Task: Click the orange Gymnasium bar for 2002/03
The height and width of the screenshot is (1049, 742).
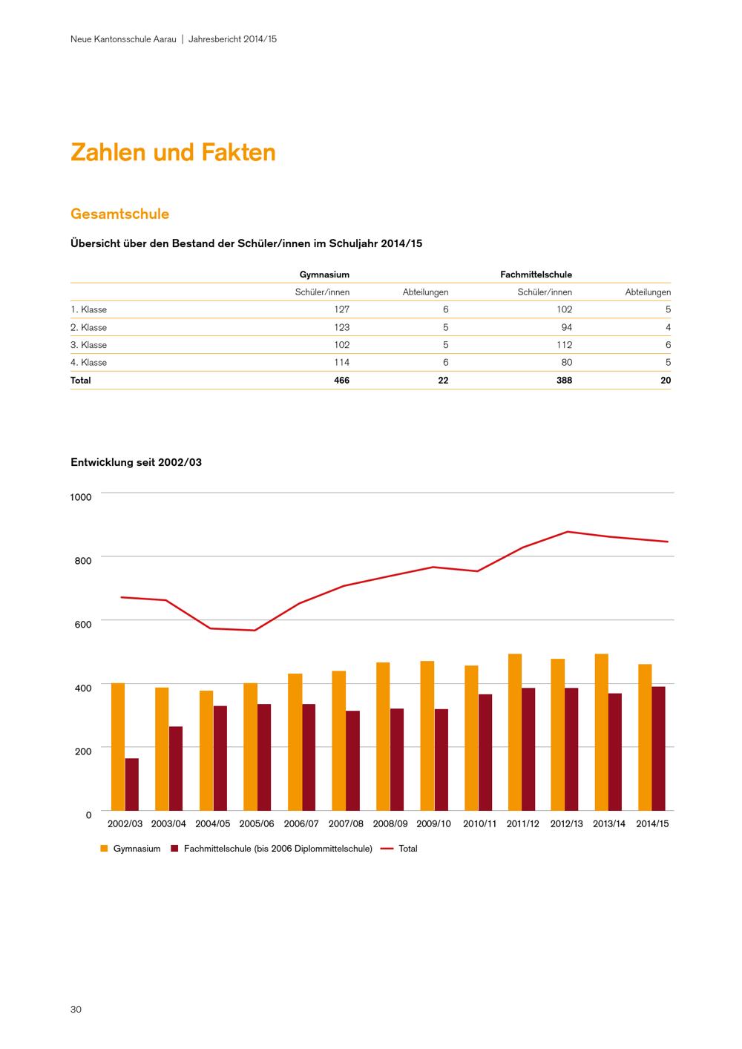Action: click(117, 746)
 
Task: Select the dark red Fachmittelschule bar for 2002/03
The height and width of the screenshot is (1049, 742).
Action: click(131, 784)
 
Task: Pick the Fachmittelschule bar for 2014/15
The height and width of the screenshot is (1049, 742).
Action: click(658, 749)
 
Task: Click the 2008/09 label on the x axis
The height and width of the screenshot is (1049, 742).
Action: click(390, 823)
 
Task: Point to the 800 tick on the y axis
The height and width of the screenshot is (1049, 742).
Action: click(82, 560)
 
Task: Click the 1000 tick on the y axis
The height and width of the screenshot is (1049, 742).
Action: click(80, 497)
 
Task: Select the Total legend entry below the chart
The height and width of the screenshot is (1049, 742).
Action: click(407, 849)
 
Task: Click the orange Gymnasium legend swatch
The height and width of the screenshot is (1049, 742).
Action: click(104, 849)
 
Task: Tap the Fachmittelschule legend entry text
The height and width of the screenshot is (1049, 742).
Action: click(278, 849)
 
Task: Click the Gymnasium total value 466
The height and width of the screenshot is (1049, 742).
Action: click(341, 381)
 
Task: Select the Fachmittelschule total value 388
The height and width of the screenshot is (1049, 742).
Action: click(564, 381)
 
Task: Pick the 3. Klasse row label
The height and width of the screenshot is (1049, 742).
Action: click(88, 345)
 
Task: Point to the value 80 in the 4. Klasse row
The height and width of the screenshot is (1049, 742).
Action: click(567, 363)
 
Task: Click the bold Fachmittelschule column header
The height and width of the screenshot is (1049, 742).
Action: click(536, 274)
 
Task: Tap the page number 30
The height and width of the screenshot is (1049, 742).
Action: click(76, 1010)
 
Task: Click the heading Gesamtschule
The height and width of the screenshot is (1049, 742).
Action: click(119, 214)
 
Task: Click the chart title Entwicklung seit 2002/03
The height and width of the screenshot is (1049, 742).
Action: click(136, 462)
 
